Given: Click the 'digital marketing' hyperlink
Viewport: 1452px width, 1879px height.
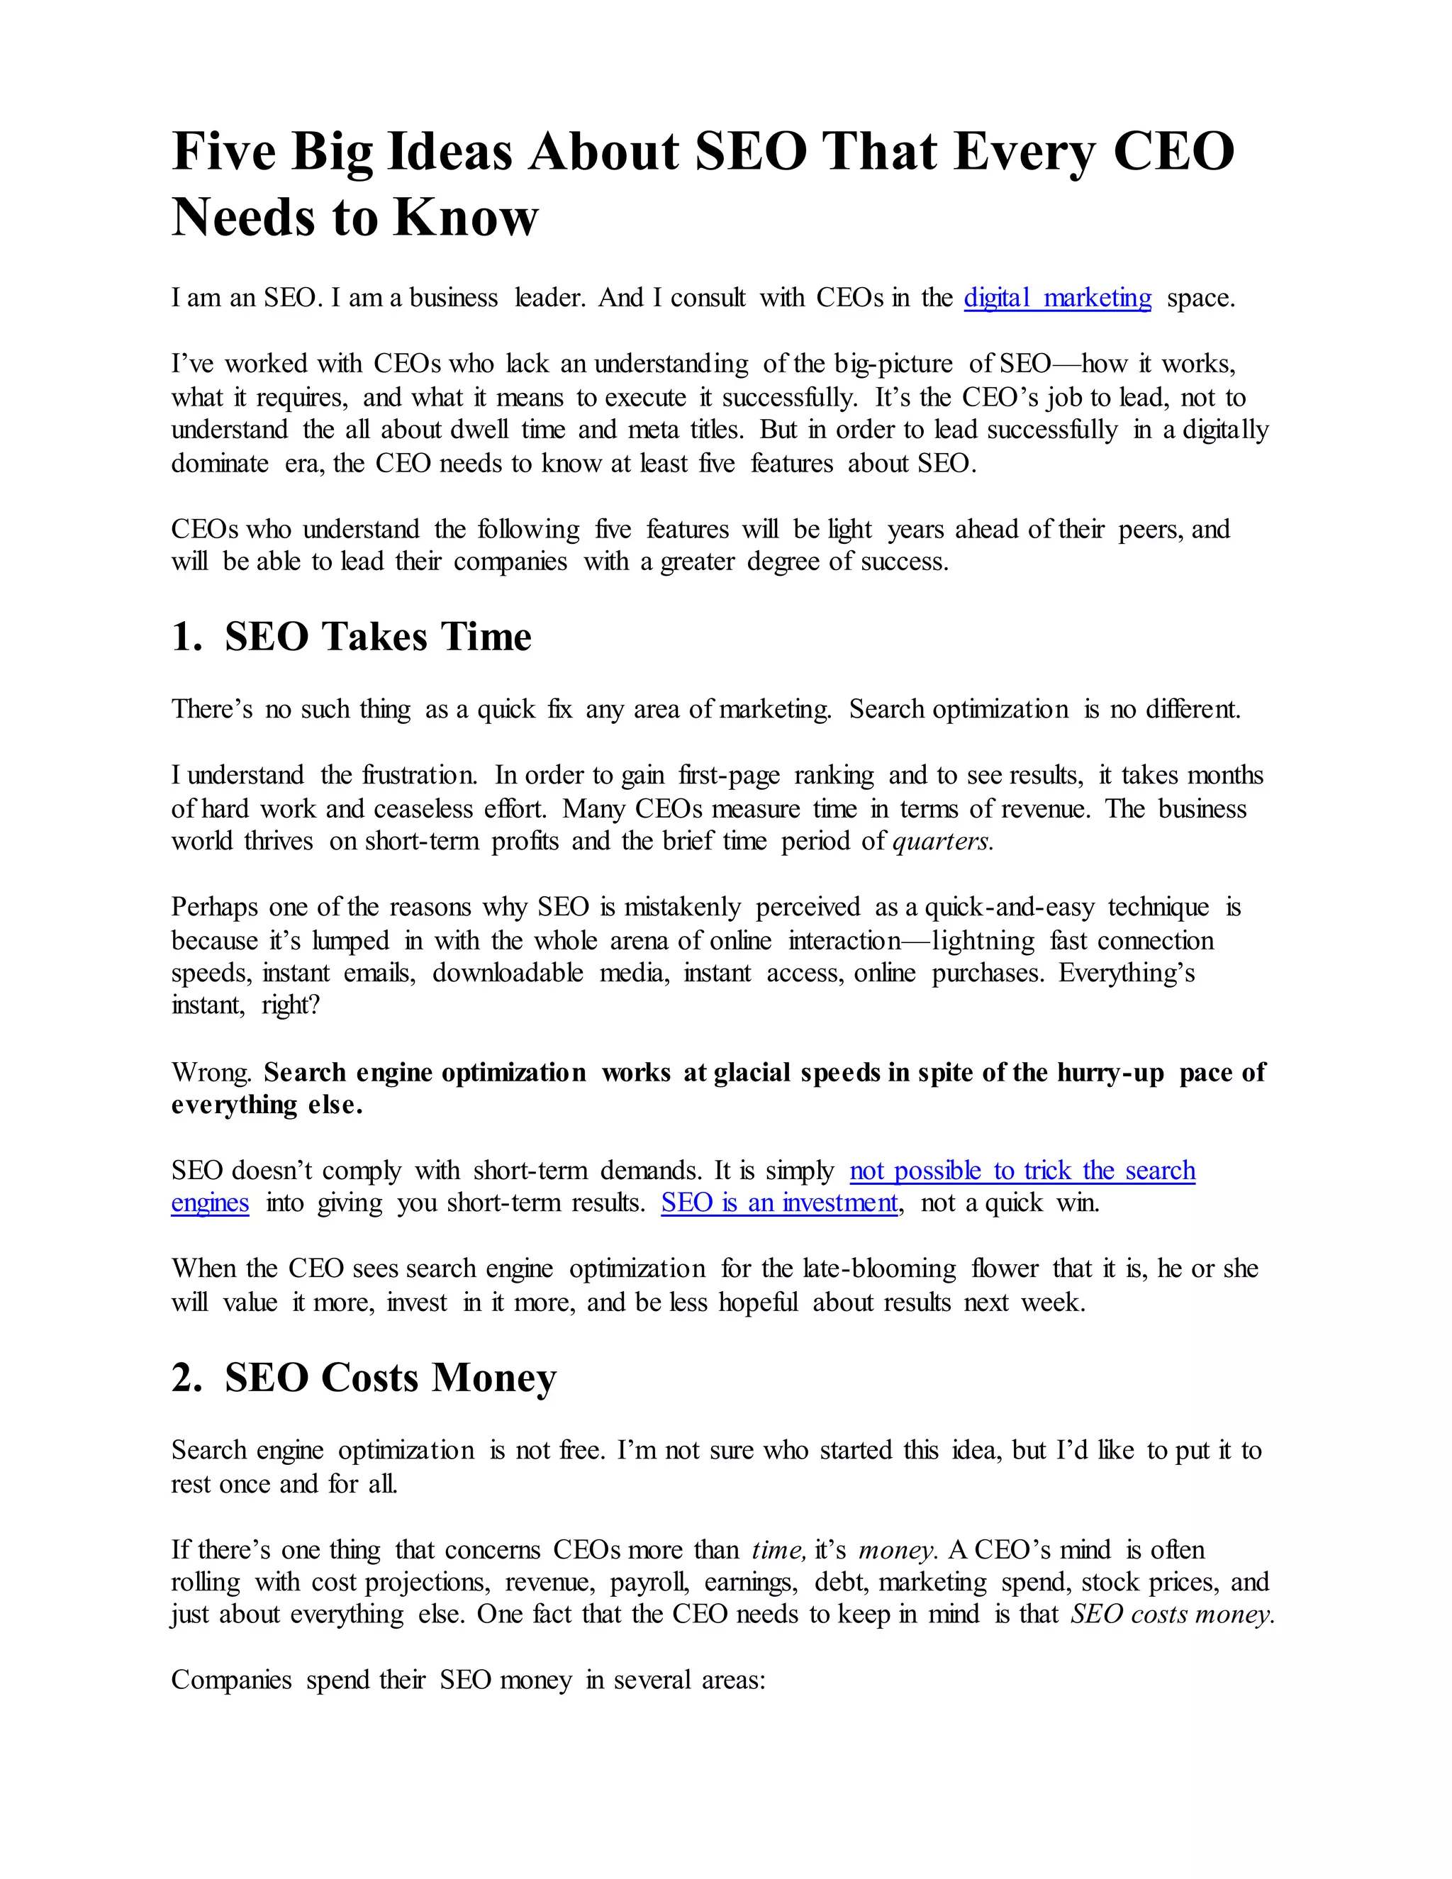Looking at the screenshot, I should pos(1056,298).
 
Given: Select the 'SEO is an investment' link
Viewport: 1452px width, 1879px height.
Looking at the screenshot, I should pos(778,1202).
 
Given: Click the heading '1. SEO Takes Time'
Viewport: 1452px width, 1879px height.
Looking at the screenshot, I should pos(351,637).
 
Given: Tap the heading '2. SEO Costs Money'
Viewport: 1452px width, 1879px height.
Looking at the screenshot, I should pos(364,1378).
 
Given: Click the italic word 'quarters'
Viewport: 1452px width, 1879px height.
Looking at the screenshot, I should pos(942,840).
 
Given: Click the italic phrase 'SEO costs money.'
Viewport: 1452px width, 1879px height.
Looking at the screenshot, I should pos(1171,1614).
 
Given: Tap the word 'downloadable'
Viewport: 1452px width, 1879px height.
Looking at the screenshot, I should pos(508,973).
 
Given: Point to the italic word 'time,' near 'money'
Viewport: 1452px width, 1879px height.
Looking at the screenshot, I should pos(778,1549).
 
